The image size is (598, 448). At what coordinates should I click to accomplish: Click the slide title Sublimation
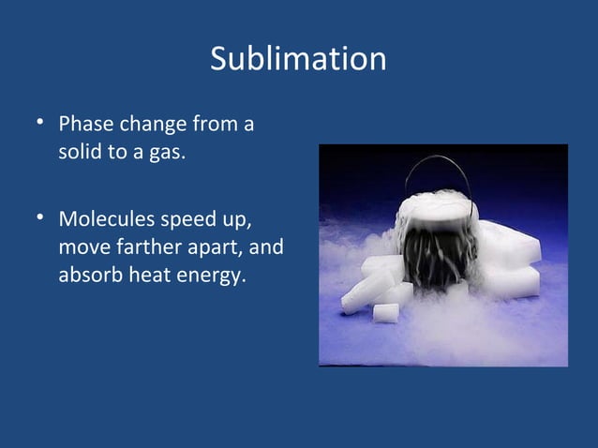(298, 59)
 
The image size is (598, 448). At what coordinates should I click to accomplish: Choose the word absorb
(87, 277)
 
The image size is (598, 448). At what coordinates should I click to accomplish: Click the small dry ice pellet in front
(386, 312)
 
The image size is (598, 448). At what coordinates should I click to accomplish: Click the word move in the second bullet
(82, 250)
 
